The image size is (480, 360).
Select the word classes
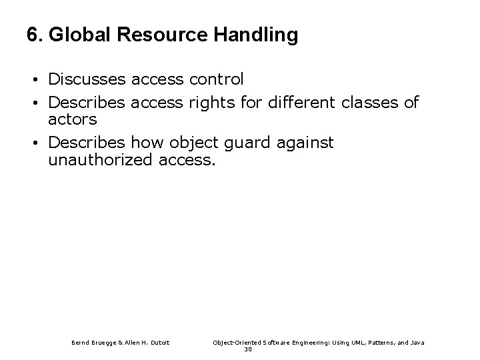367,103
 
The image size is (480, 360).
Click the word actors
73,119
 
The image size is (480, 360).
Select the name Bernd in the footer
82,343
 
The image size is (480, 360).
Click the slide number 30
248,350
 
